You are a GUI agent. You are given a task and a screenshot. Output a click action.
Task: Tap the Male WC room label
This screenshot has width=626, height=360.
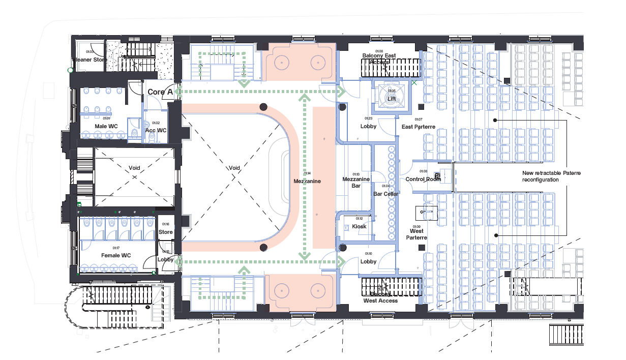pos(107,126)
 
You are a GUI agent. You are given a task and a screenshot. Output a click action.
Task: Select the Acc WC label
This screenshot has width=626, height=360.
pos(156,130)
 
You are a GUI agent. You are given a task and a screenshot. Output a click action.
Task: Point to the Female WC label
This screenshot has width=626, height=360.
pos(116,255)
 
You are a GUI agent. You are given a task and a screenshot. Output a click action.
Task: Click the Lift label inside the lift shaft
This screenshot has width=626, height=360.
pos(392,99)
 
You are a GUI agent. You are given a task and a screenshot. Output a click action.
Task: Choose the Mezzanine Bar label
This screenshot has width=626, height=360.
pos(355,183)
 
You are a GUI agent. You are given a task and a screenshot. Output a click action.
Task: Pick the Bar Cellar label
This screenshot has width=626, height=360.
pos(386,194)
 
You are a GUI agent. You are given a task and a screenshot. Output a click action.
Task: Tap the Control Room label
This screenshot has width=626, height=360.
pos(423,179)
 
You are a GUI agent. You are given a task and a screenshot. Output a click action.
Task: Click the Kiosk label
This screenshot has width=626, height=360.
pos(359,226)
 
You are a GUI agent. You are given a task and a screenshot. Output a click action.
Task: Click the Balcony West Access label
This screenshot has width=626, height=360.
pos(380,297)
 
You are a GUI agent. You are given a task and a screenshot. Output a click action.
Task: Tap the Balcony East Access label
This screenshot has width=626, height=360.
pos(379,58)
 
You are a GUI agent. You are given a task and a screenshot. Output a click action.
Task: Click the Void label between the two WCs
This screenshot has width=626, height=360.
pos(134,168)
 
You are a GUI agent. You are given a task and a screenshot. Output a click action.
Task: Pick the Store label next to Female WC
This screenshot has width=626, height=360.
pos(166,232)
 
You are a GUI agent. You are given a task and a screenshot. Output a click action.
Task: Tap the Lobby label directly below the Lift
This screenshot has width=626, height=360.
pos(368,126)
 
